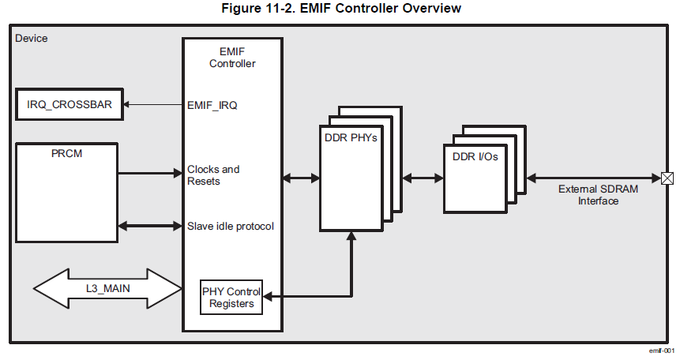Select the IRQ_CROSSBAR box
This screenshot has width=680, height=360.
[x=70, y=104]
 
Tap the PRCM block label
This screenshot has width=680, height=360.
[x=66, y=153]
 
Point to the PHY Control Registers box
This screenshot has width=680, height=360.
[x=231, y=297]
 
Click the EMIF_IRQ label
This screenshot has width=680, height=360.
[x=212, y=104]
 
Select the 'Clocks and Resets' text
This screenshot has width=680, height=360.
[x=213, y=175]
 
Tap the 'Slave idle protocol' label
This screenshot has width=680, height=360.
[x=230, y=227]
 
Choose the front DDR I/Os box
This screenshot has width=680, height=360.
[x=475, y=178]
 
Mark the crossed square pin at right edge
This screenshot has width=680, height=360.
[x=667, y=178]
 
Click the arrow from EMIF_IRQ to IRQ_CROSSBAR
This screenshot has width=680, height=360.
[x=153, y=104]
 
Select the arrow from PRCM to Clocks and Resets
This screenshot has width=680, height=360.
[x=150, y=173]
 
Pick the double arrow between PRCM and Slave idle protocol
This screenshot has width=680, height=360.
[x=150, y=227]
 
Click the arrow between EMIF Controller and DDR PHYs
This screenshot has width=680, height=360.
[x=300, y=178]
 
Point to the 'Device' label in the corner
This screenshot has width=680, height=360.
[x=32, y=38]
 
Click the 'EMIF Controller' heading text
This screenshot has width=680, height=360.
[x=232, y=58]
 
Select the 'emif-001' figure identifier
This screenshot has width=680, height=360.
[x=661, y=350]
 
